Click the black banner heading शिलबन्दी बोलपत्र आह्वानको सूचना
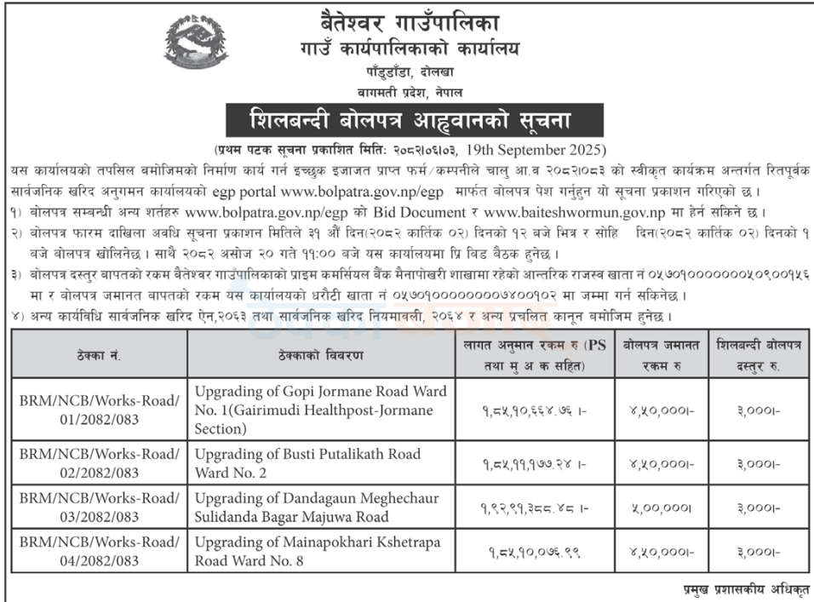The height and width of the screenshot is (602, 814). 415,120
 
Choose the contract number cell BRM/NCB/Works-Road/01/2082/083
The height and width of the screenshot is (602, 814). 100,410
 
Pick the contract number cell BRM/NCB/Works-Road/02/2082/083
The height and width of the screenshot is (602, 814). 100,463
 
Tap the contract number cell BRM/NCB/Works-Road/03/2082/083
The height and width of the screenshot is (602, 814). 100,507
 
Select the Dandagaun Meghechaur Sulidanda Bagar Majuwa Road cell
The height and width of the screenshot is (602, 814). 311,507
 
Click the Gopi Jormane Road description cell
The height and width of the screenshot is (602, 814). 320,410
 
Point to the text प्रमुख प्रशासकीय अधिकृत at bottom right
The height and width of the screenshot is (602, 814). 746,589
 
